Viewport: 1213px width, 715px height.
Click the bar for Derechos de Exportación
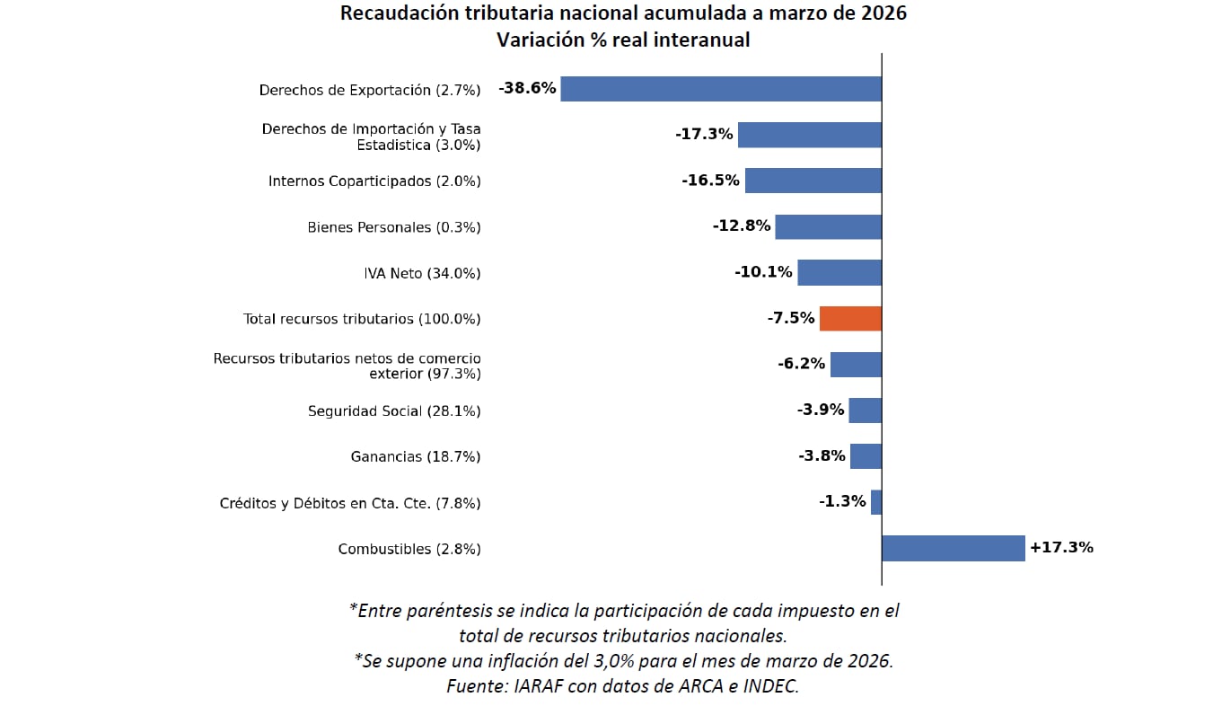coord(721,89)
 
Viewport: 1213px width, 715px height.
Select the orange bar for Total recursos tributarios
coord(850,319)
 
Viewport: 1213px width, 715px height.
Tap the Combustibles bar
coord(953,548)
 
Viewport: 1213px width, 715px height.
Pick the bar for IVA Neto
coord(839,273)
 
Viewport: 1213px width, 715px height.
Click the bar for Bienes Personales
coord(828,226)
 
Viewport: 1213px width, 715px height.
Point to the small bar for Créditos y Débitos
coord(876,502)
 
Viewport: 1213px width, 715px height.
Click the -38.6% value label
coord(527,88)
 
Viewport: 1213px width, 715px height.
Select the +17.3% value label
coord(1061,547)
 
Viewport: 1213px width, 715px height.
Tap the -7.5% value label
coord(790,318)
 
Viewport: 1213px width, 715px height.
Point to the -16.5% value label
coord(710,181)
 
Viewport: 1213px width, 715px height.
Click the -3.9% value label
coord(821,410)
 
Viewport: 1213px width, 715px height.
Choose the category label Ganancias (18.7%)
coord(415,457)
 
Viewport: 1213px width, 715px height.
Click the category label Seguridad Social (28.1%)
coord(393,411)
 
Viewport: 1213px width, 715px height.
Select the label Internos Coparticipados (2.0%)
coord(374,181)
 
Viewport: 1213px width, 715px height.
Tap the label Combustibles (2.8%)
coord(409,549)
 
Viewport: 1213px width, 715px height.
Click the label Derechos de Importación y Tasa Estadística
coord(371,137)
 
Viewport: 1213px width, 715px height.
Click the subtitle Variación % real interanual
coord(623,40)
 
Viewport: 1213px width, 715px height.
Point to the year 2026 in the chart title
coord(883,14)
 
